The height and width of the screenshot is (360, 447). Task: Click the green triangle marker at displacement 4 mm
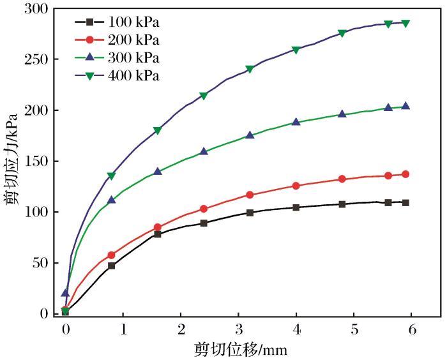(x=296, y=50)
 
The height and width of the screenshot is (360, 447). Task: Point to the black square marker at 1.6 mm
(x=157, y=234)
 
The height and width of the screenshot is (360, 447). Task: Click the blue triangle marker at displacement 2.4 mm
(x=204, y=152)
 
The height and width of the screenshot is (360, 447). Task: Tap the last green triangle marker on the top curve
(x=405, y=23)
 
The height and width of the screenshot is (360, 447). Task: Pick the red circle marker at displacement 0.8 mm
(x=111, y=255)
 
